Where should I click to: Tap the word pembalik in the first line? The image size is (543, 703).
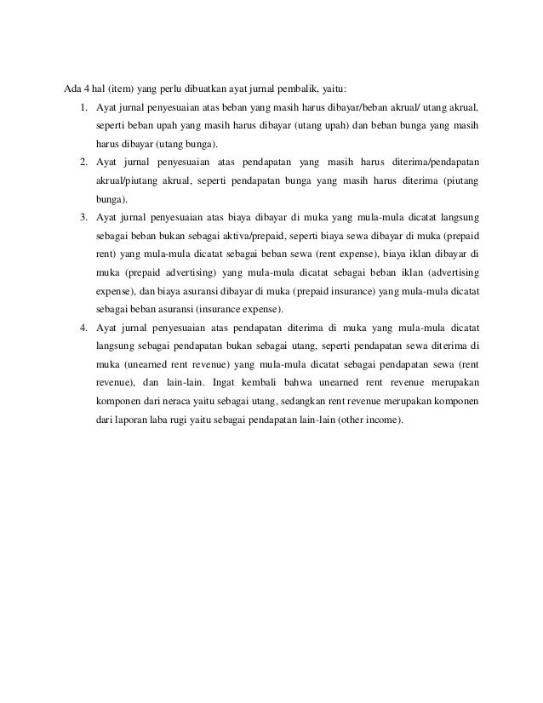307,89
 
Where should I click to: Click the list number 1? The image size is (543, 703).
83,108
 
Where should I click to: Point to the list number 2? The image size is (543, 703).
83,162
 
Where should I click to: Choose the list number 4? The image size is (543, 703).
83,327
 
